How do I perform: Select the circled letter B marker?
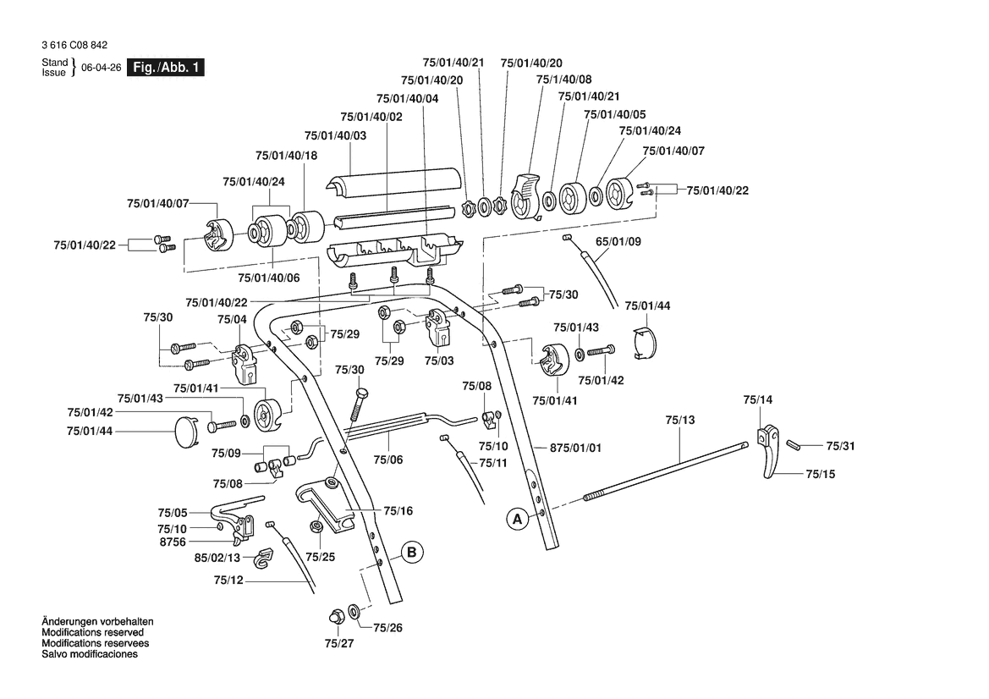(410, 553)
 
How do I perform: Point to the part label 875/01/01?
(575, 448)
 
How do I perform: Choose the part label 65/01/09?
(618, 241)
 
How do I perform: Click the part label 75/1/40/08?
(564, 80)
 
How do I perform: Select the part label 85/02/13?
(217, 558)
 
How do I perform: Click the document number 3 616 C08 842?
(74, 46)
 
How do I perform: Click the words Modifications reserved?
(92, 632)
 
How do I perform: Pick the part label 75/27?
(338, 644)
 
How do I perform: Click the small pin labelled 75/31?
(794, 443)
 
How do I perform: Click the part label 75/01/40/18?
(286, 156)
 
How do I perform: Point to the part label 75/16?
(398, 510)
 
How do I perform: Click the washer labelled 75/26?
(353, 610)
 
